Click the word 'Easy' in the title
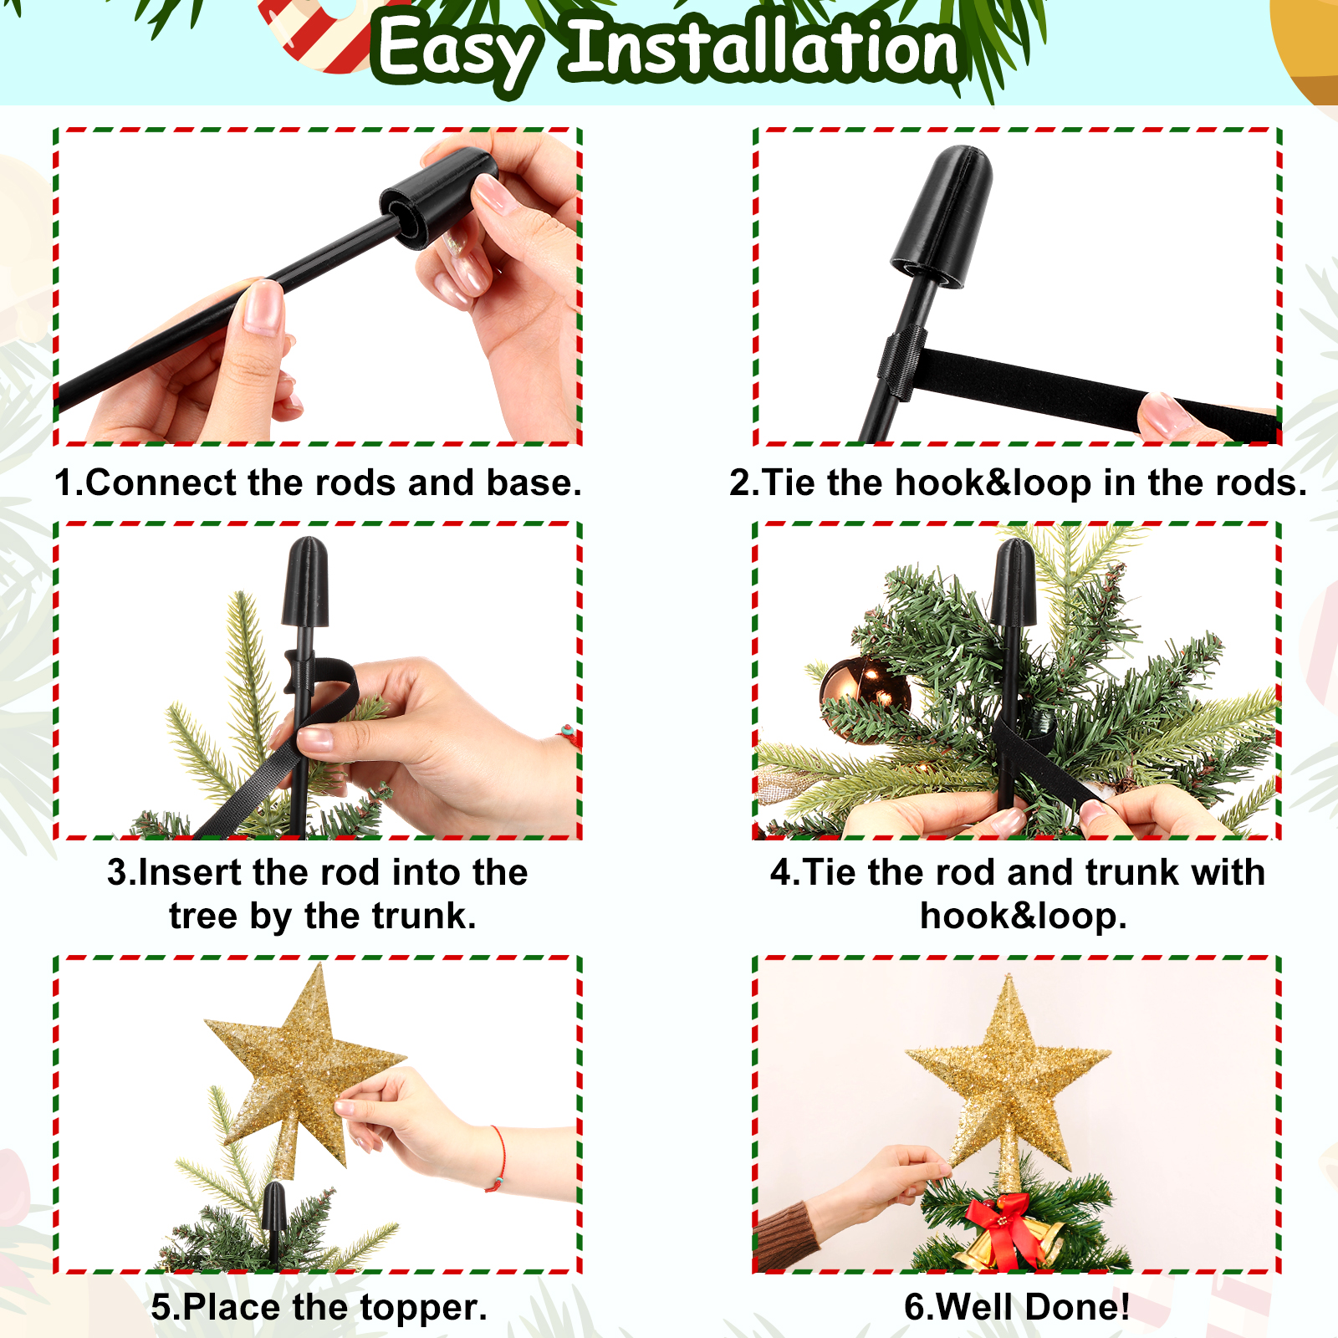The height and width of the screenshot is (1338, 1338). [x=456, y=53]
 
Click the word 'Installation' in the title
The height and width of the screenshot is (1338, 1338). [x=763, y=48]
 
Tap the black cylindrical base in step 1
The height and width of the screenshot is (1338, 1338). [x=437, y=198]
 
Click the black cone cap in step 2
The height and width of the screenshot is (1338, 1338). [x=942, y=217]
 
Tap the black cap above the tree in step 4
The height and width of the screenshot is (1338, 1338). [x=1014, y=583]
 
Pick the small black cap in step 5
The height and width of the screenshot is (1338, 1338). [x=273, y=1208]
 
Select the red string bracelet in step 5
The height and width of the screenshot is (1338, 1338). [x=498, y=1159]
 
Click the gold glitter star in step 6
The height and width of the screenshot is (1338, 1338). [x=1009, y=1079]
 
